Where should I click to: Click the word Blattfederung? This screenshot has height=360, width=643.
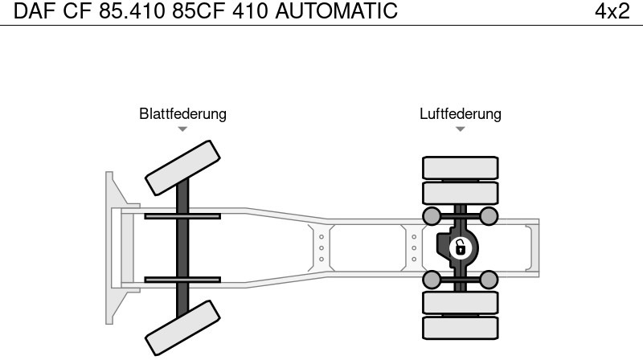(x=182, y=114)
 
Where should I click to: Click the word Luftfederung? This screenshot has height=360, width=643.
(x=460, y=114)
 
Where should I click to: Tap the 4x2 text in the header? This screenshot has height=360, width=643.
(x=612, y=11)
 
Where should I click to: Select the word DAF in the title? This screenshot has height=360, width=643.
(x=33, y=11)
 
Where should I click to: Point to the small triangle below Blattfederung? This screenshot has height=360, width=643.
(x=182, y=129)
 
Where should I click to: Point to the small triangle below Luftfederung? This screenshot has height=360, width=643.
(x=460, y=129)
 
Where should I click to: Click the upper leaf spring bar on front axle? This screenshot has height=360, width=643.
(x=182, y=215)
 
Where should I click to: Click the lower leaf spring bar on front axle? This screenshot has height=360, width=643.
(x=182, y=280)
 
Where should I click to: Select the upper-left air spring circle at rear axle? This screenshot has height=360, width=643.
(x=432, y=215)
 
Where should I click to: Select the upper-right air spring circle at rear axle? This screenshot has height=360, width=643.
(x=489, y=215)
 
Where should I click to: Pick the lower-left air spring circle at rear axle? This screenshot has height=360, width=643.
(x=432, y=280)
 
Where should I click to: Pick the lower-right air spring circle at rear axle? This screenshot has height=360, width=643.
(x=489, y=280)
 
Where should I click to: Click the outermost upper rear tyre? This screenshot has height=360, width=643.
(x=460, y=167)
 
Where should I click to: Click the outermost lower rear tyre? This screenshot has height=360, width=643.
(x=460, y=328)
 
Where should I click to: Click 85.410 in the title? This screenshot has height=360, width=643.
(x=135, y=11)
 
